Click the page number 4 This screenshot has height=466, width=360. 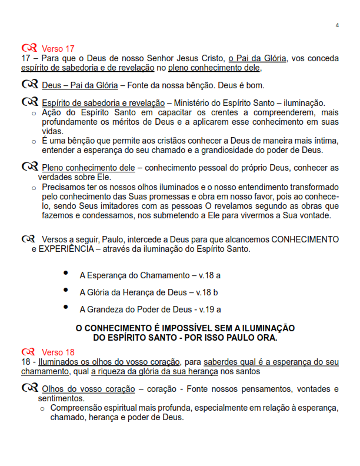(x=337, y=25)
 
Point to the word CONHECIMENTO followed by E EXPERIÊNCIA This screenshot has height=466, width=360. (x=305, y=239)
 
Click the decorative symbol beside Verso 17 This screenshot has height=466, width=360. (x=28, y=48)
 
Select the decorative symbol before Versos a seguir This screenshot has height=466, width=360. (x=27, y=239)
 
